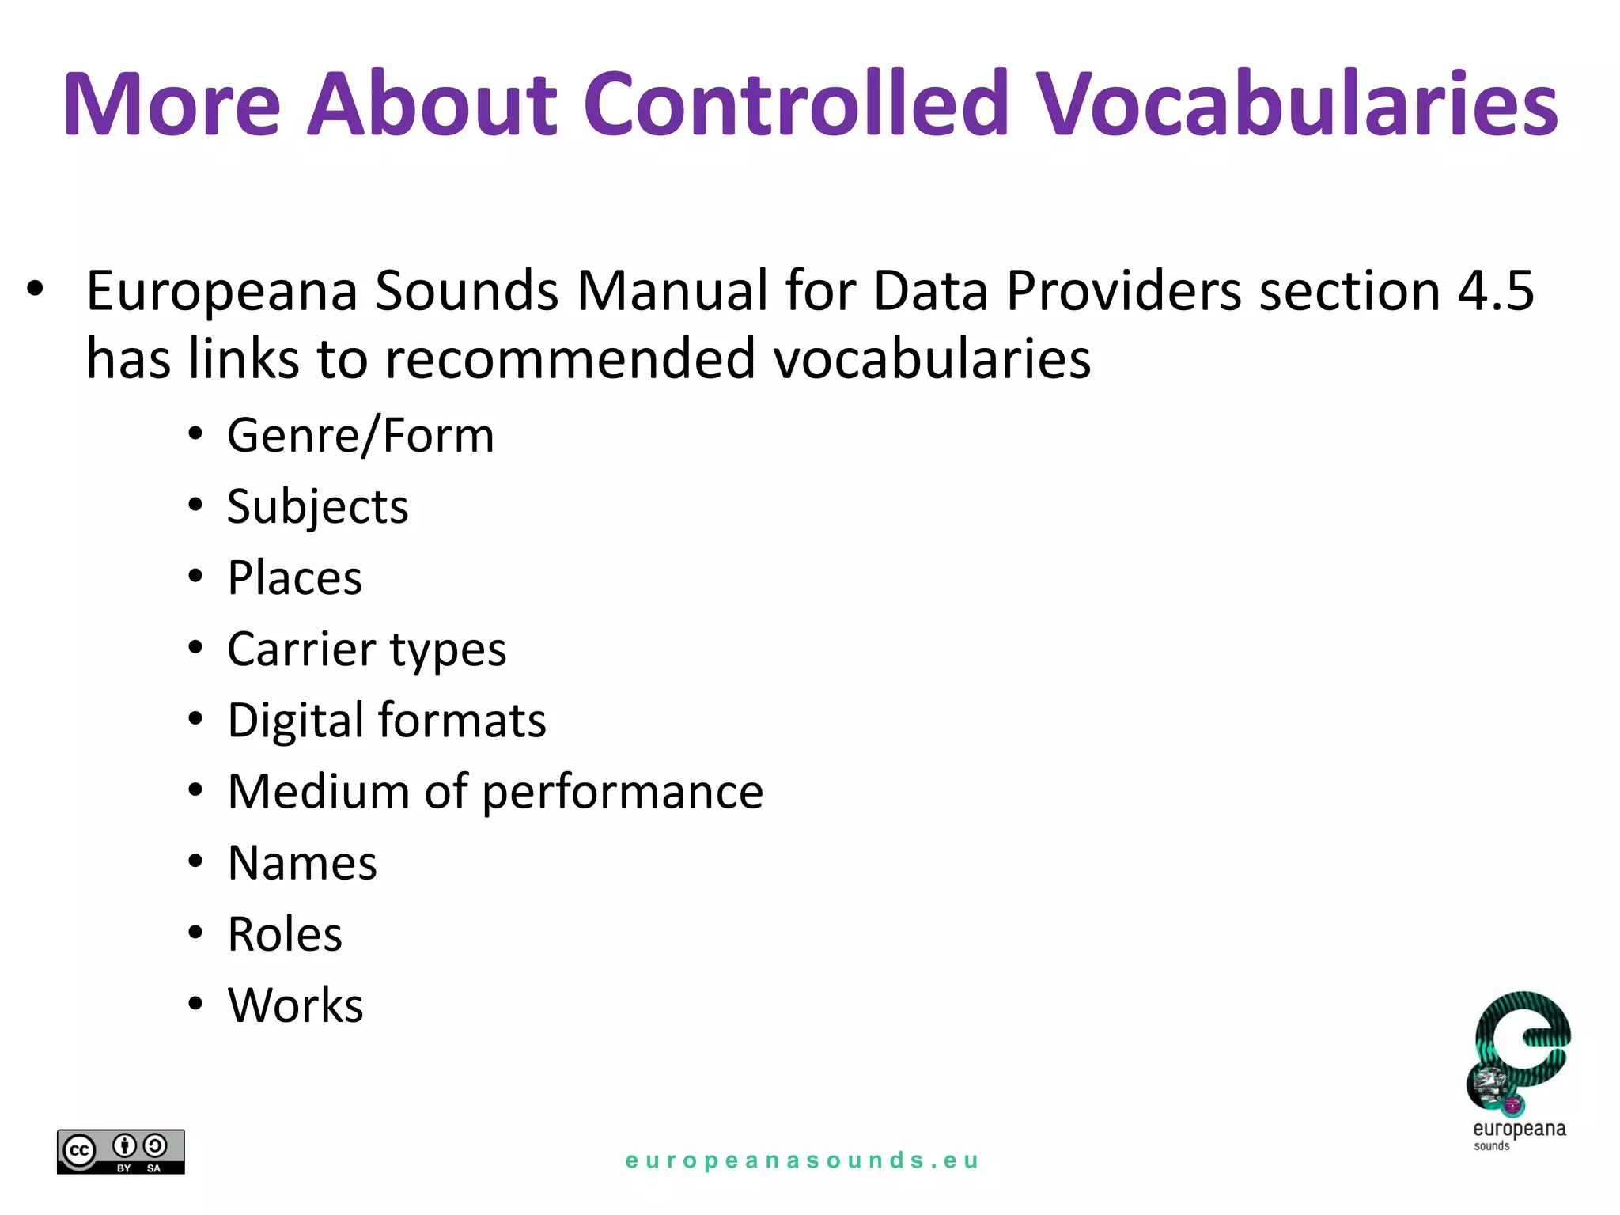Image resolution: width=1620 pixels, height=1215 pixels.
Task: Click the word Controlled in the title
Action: [796, 104]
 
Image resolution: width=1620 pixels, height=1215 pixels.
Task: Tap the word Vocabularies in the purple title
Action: [1296, 104]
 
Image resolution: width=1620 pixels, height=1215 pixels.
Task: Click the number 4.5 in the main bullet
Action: [1496, 290]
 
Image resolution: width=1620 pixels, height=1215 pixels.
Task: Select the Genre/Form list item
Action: [361, 435]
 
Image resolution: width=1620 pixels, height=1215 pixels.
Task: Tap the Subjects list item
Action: [317, 506]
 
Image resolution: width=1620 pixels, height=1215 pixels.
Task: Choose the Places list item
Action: [294, 577]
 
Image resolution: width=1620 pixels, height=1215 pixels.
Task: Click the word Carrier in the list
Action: [301, 649]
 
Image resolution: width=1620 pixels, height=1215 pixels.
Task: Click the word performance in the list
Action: [623, 792]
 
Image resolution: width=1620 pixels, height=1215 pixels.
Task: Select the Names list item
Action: [302, 862]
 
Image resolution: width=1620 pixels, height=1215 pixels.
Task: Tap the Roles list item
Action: [285, 934]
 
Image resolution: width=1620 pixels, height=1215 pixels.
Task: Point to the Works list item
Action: [295, 1005]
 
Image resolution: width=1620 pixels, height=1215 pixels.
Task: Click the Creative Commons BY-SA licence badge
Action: [121, 1152]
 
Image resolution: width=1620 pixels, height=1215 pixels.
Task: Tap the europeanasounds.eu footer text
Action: [802, 1160]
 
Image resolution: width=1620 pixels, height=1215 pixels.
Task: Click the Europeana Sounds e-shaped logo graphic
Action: [1520, 1053]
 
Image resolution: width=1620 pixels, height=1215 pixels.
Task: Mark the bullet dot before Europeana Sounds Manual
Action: [34, 290]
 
